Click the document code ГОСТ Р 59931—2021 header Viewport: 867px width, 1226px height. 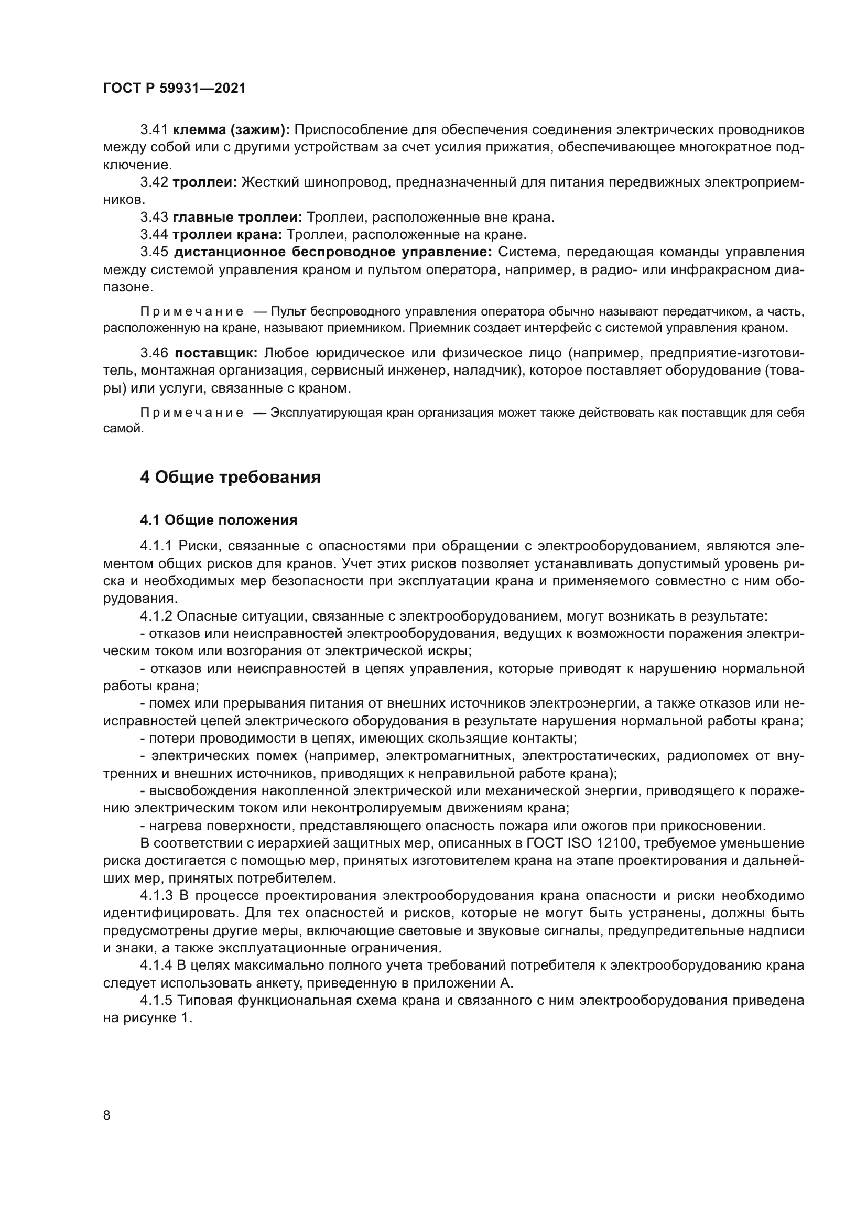[x=175, y=89]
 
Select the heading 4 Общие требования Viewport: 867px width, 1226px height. [x=230, y=477]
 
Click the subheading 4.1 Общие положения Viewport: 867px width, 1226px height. [x=219, y=520]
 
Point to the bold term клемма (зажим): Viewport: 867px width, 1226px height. [x=231, y=130]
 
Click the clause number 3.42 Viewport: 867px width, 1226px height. [x=154, y=182]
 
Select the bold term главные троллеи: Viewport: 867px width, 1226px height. [x=237, y=218]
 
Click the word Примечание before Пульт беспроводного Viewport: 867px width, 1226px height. [x=192, y=311]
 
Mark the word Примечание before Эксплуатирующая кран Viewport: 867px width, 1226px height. [x=192, y=413]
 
